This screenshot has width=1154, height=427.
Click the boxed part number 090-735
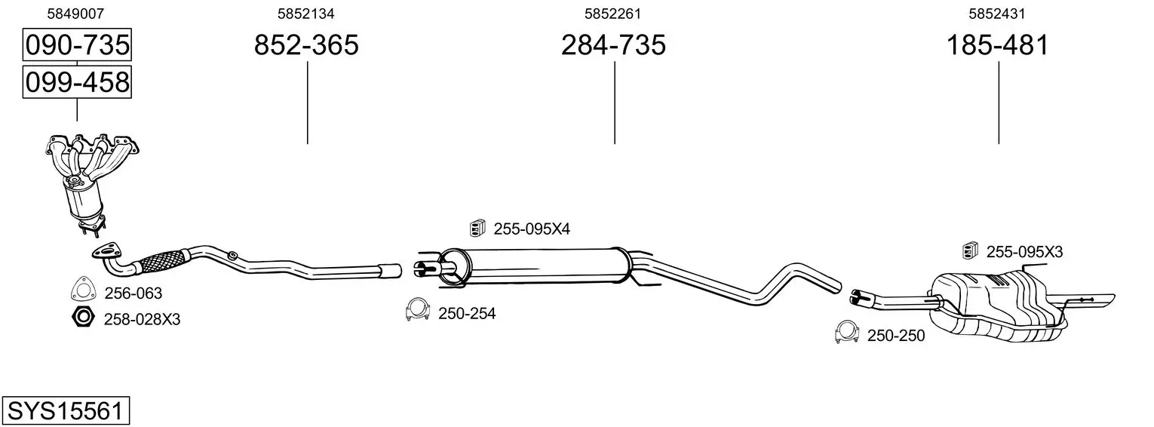(x=77, y=45)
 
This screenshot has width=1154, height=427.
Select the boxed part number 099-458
(x=77, y=82)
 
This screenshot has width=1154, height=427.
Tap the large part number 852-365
(x=306, y=45)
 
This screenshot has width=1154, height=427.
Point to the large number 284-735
(x=613, y=45)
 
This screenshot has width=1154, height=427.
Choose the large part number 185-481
(x=998, y=45)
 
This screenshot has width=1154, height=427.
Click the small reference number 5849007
(x=75, y=14)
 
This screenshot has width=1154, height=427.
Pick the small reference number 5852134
(x=306, y=14)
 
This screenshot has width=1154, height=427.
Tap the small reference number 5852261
(x=612, y=14)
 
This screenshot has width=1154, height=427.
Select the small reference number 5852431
(x=997, y=14)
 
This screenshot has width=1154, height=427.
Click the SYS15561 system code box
(x=66, y=410)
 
